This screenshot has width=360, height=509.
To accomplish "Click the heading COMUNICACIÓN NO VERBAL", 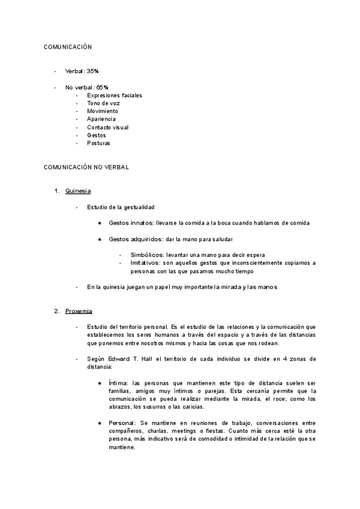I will pyautogui.click(x=86, y=167).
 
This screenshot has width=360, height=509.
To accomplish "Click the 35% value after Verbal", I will pyautogui.click(x=93, y=71).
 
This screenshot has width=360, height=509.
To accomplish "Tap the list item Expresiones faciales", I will pyautogui.click(x=115, y=95).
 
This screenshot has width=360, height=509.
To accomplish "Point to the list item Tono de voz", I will pyautogui.click(x=103, y=103).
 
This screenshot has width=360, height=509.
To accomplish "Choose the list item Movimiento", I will pyautogui.click(x=103, y=111).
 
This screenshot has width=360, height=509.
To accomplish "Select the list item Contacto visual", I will pyautogui.click(x=107, y=127).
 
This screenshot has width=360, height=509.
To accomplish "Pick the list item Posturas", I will pyautogui.click(x=99, y=143).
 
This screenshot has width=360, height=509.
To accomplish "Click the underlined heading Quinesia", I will pyautogui.click(x=78, y=191).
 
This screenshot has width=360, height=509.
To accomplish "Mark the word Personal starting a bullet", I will pyautogui.click(x=122, y=423).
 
